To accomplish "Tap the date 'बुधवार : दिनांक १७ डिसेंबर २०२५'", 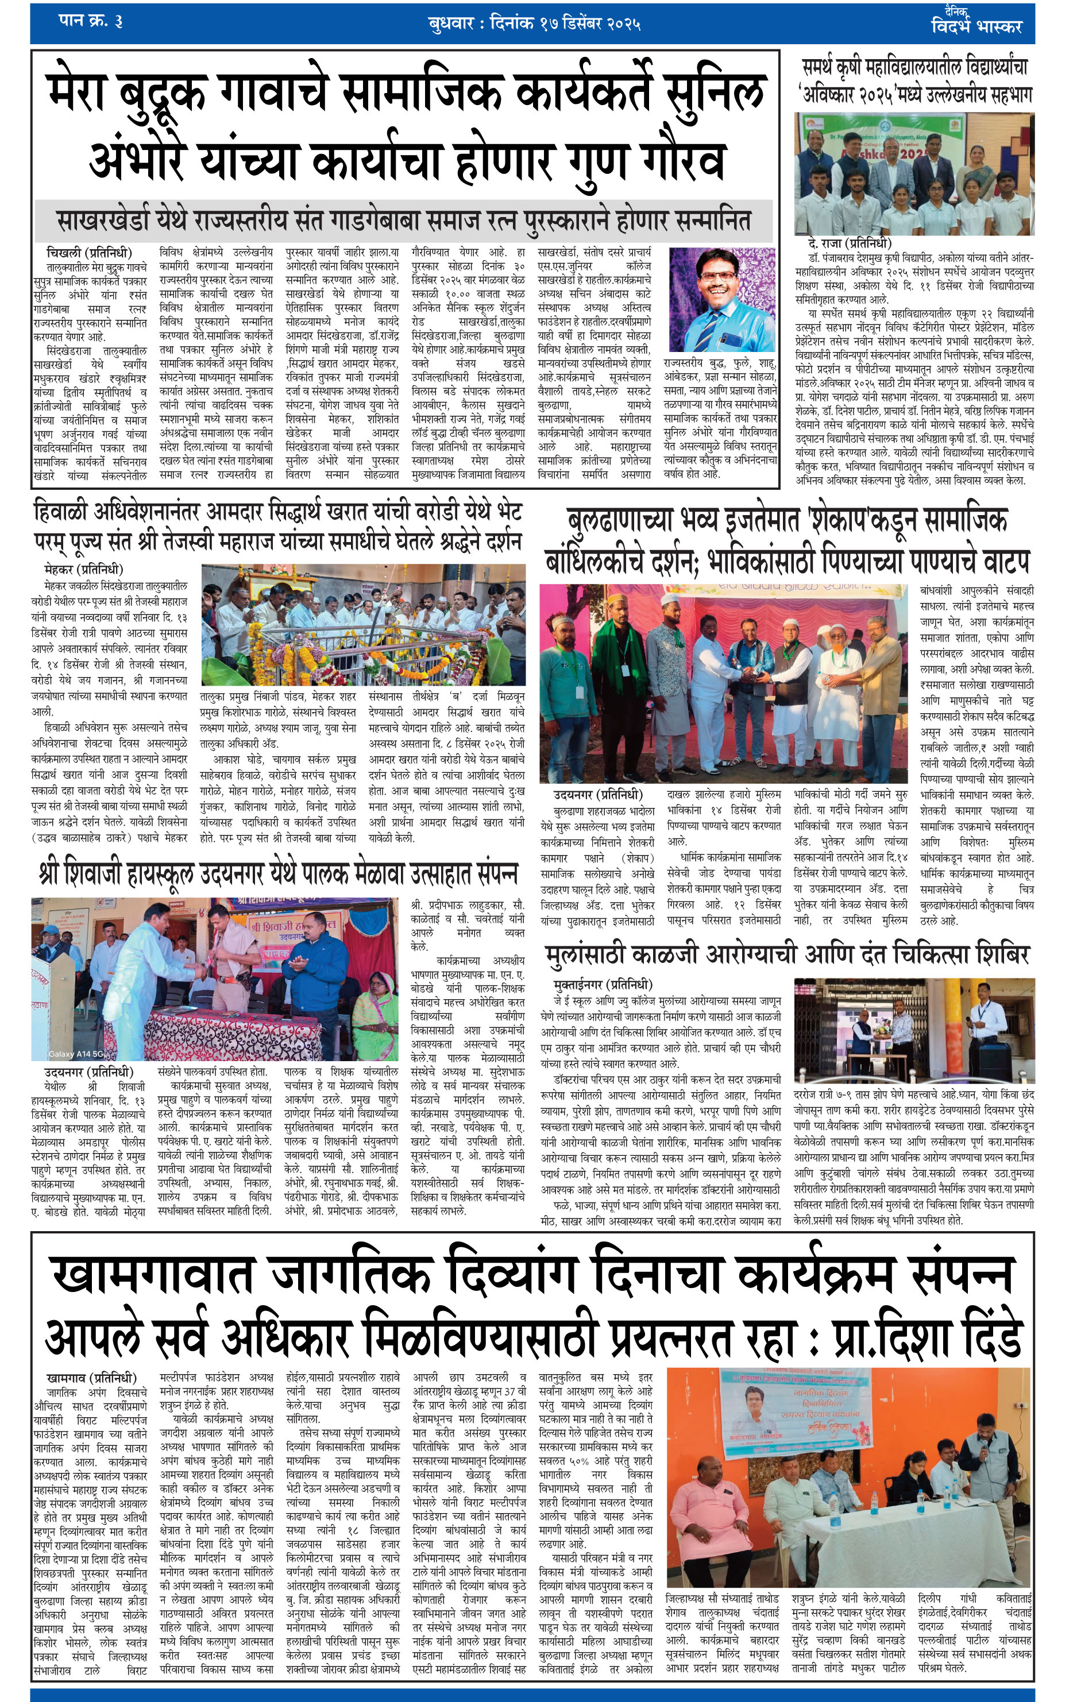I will tap(535, 24).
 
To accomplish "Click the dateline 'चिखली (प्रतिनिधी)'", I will tap(88, 253).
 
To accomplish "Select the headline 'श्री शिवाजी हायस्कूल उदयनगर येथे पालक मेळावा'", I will tap(278, 875).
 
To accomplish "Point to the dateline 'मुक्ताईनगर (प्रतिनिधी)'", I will tap(603, 985).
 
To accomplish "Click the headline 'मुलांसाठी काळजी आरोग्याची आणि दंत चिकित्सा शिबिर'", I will tap(786, 955).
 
